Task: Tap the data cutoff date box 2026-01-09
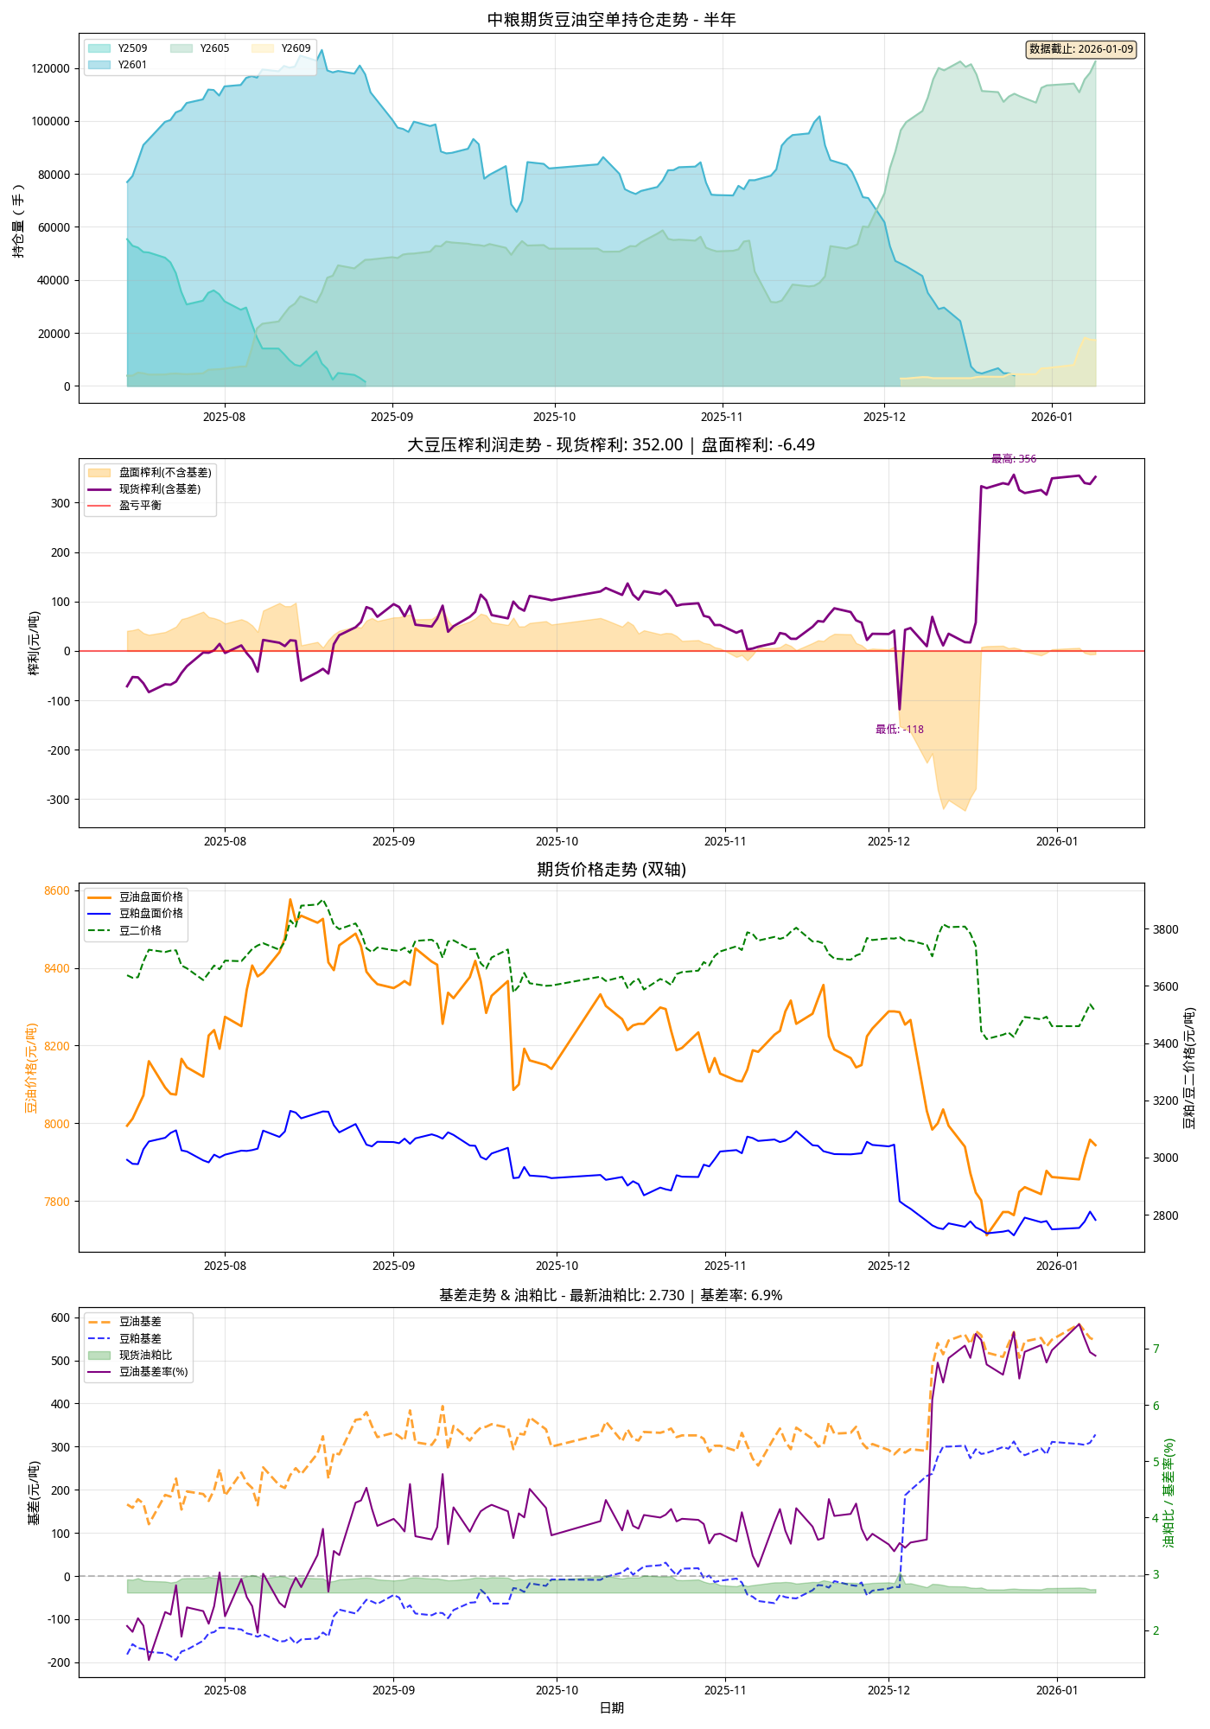[1080, 49]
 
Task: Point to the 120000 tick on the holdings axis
[52, 68]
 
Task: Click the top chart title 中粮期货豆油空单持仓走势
[611, 19]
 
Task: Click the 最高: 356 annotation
[1014, 459]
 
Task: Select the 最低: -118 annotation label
[900, 730]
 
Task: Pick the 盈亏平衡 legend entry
[140, 506]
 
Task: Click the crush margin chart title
[611, 444]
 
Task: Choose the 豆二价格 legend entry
[140, 931]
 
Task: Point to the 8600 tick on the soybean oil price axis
[57, 890]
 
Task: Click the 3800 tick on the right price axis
[1166, 929]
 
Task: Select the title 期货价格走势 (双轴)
[611, 869]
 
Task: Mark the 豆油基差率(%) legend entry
[153, 1372]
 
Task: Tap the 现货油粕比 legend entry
[145, 1356]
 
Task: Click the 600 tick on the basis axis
[60, 1317]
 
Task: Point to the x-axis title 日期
[611, 1707]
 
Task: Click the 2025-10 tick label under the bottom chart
[557, 1690]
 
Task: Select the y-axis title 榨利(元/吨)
[34, 642]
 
